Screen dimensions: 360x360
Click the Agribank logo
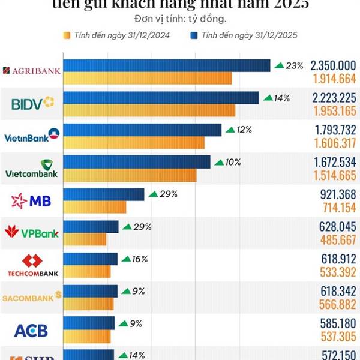point(32,71)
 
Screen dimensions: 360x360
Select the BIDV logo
point(32,104)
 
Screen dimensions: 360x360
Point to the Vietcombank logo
point(32,169)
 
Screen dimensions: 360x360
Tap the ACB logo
point(31,330)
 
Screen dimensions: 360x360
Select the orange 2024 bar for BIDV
point(149,110)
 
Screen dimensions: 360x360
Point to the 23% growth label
point(289,65)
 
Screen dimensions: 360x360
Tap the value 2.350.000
point(333,65)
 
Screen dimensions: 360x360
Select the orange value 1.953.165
point(334,110)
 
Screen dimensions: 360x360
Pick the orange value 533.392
point(337,272)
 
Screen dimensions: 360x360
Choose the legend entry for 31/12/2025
point(245,35)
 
